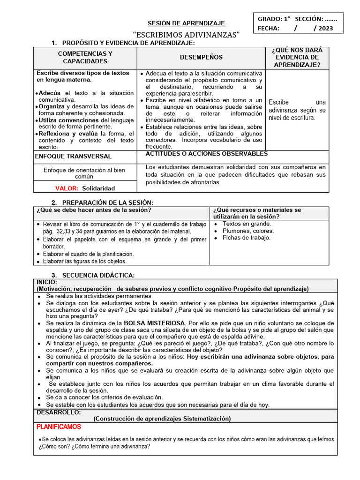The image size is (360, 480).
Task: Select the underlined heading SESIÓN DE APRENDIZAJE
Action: pos(187,23)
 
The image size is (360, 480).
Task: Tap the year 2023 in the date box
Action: pos(327,29)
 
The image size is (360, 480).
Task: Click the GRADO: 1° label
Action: pos(274,19)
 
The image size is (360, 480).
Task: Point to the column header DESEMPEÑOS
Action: pos(201,58)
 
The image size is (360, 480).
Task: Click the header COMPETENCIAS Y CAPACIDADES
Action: pos(85,58)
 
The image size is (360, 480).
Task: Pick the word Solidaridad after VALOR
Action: pos(98,188)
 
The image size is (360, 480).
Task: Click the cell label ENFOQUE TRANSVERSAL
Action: pos(74,157)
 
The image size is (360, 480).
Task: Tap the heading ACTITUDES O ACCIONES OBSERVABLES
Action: pos(207,154)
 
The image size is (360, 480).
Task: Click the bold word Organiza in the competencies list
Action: pos(52,106)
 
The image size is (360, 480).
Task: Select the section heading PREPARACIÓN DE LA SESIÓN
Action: pos(108,202)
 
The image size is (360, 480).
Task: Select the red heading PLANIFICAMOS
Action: pos(59,427)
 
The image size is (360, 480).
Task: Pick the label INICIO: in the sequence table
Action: pos(47,282)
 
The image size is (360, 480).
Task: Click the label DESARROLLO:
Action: pos(59,412)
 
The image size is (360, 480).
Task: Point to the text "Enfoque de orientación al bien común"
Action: pos(85,173)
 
